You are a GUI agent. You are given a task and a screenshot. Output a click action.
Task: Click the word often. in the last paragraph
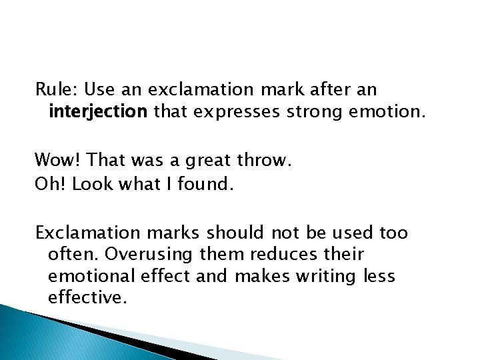pos(73,254)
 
